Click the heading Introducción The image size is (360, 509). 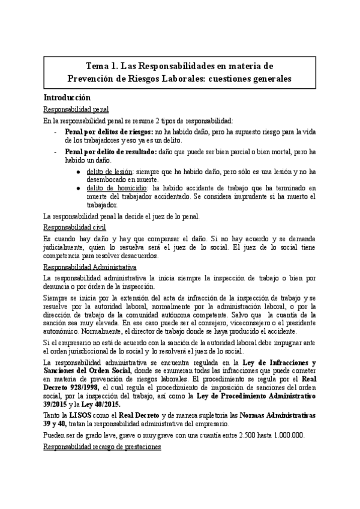(x=67, y=97)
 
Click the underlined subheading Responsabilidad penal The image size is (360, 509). (x=76, y=109)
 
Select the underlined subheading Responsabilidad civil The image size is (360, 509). (x=74, y=227)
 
